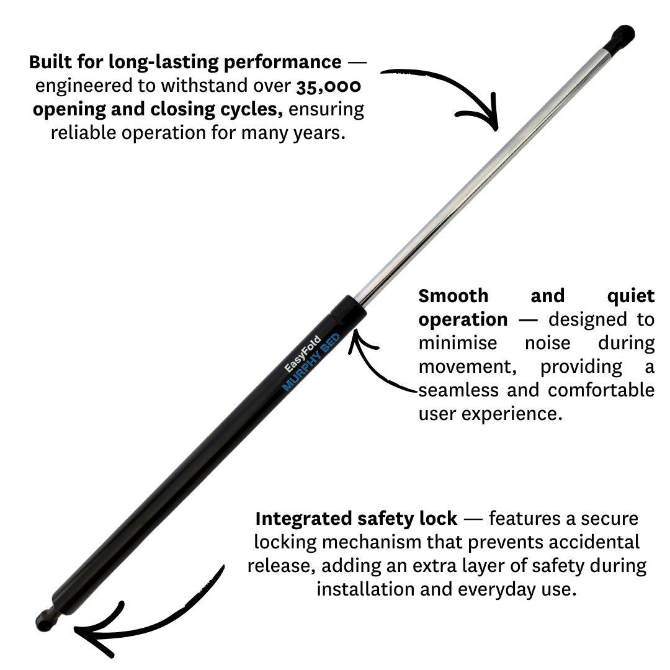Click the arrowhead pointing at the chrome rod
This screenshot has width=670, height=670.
pos(490,118)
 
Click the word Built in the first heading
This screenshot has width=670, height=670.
pos(50,62)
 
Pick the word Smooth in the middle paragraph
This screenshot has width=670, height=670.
pos(453,296)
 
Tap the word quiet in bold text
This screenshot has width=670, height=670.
pos(631,296)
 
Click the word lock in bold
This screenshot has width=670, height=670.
pos(440,518)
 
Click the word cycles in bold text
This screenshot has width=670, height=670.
pos(252,109)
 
